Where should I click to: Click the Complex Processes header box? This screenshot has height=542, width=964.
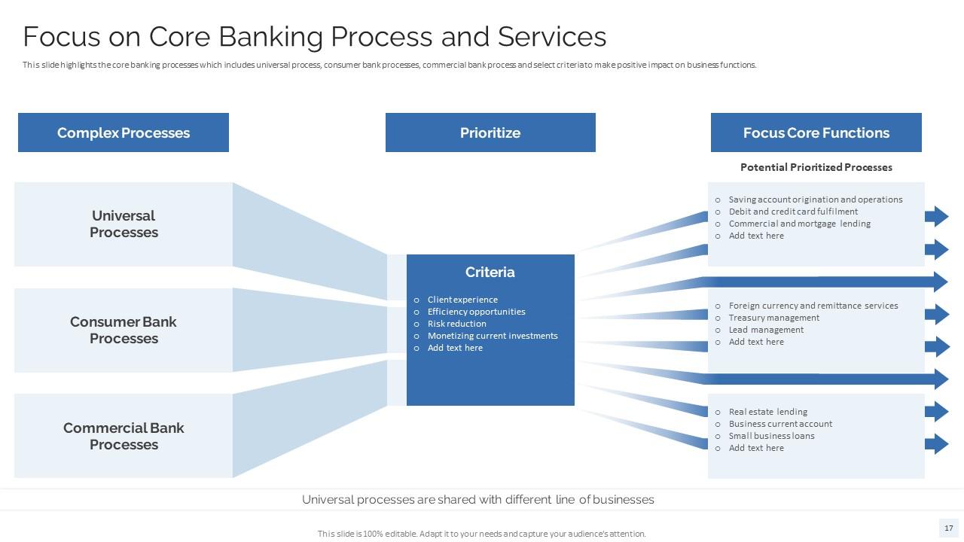click(123, 132)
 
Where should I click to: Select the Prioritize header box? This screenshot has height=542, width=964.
click(490, 132)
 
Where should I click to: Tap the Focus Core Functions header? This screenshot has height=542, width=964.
click(816, 132)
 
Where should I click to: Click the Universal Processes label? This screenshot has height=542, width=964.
click(124, 224)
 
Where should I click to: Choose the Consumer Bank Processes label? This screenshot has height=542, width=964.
click(124, 330)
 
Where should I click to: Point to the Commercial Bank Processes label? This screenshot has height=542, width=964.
click(124, 437)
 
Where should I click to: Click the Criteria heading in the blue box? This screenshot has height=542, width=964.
click(490, 273)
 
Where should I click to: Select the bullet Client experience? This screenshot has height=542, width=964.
click(462, 300)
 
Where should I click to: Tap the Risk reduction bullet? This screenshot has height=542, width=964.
click(456, 324)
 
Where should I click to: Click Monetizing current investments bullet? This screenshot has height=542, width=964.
click(493, 336)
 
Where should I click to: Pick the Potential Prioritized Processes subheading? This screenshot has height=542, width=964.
click(816, 167)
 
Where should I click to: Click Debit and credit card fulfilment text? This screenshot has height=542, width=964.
click(793, 212)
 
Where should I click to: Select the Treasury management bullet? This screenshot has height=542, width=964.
click(773, 318)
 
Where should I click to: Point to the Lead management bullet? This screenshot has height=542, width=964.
click(766, 330)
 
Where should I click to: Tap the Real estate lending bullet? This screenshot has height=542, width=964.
click(767, 412)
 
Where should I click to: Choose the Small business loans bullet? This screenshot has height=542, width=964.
click(771, 436)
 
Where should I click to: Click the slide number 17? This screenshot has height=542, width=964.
click(949, 528)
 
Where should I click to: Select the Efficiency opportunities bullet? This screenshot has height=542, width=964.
click(476, 312)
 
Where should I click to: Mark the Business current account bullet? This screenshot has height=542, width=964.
click(780, 424)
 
